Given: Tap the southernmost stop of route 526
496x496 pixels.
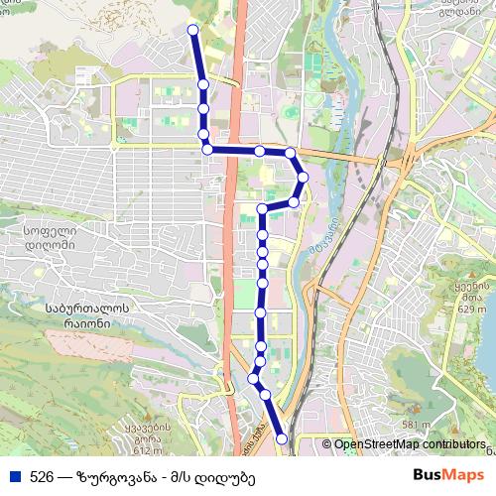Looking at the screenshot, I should tap(282, 437).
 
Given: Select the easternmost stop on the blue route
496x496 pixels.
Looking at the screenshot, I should tap(303, 177).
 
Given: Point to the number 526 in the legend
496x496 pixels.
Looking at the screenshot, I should tap(41, 476).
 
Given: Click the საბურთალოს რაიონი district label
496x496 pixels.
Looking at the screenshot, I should tap(60, 316).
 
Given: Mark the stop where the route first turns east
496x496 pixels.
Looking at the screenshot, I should tap(207, 150).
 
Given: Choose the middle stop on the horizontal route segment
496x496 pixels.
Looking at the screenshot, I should tap(259, 151).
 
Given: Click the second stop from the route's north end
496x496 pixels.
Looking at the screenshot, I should tap(201, 84).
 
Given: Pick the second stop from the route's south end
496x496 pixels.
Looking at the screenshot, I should tap(265, 395).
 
